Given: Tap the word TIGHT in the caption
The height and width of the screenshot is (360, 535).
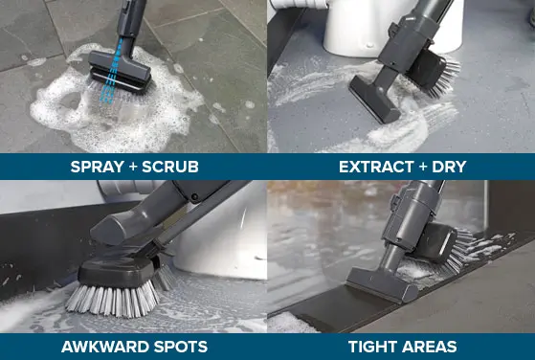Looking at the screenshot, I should click(372, 346).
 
